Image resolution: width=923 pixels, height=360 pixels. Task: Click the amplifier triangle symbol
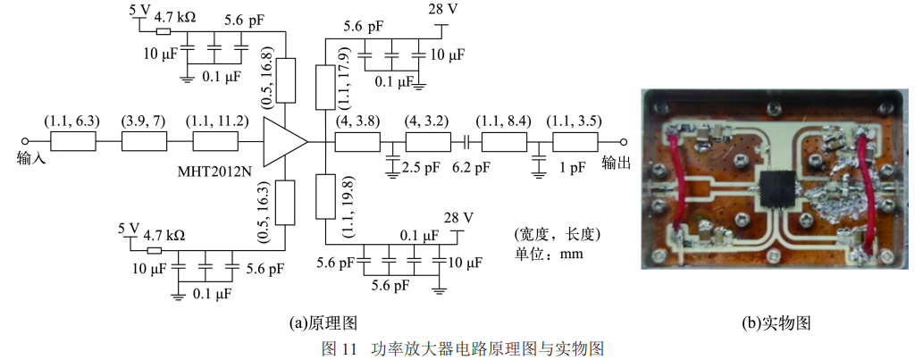[x=283, y=142]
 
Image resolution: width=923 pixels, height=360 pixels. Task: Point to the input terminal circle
[x=25, y=142]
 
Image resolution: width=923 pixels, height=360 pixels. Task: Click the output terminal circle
[x=624, y=142]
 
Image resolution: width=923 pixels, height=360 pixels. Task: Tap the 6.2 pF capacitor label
[x=472, y=167]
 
